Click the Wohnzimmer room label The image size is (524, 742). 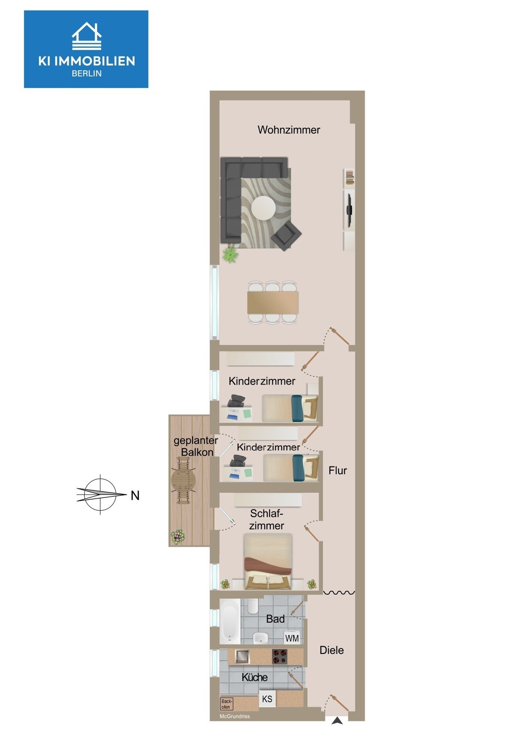[x=289, y=130]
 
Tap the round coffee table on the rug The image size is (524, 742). [x=263, y=208]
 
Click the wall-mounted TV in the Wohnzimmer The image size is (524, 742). [x=349, y=210]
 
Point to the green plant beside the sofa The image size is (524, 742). [x=231, y=254]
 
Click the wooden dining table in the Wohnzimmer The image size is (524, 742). [x=273, y=302]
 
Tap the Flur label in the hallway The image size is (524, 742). [x=337, y=471]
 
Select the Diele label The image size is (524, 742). [x=332, y=650]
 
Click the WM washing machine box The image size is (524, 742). [x=292, y=638]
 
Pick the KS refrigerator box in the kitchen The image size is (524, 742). [x=267, y=699]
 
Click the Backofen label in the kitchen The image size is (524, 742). [x=227, y=704]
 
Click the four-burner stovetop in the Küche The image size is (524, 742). [x=280, y=657]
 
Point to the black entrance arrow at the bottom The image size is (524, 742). [x=337, y=721]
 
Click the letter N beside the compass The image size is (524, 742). [x=135, y=495]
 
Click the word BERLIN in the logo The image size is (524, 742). [x=86, y=74]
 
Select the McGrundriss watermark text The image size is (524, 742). [x=235, y=716]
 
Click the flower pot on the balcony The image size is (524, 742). [x=178, y=537]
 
